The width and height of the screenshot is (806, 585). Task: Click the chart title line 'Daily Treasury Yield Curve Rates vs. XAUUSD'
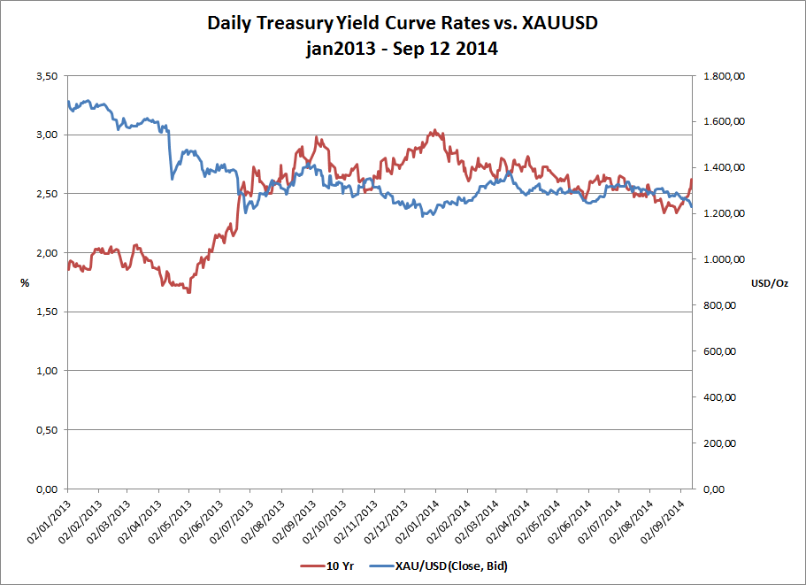403,23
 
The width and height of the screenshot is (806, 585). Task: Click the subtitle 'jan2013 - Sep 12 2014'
403,50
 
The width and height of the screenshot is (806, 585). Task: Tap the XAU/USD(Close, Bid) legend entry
440,565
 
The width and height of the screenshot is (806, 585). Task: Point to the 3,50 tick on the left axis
46,76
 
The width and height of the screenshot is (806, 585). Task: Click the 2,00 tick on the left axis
46,253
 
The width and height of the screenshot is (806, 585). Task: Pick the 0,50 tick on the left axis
46,430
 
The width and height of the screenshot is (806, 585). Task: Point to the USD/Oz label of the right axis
768,283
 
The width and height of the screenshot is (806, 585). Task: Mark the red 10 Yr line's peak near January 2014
434,131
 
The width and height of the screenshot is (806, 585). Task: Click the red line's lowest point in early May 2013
188,292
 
